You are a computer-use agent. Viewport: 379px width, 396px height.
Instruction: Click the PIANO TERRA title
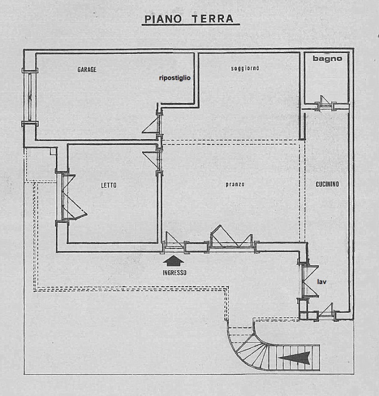coord(189,19)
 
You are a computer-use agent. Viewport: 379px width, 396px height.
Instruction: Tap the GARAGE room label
coord(87,69)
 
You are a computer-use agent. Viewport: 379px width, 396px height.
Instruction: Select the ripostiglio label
coord(175,78)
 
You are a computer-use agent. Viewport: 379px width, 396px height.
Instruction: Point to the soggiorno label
coord(245,68)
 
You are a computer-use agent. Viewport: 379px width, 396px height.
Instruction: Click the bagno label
coord(327,58)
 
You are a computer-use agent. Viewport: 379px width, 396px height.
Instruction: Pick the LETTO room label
coord(108,185)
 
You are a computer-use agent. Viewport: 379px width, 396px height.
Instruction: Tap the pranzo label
coord(235,184)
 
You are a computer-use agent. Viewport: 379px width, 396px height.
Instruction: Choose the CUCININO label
coord(327,184)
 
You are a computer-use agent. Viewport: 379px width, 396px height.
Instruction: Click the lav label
coord(322,282)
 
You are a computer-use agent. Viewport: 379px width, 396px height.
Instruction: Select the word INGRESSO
coord(174,273)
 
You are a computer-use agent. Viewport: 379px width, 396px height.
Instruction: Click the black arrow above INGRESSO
coord(173,261)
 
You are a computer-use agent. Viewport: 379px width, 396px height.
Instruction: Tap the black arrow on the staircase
coord(294,358)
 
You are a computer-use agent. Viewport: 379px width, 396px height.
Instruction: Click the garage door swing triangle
coord(151,126)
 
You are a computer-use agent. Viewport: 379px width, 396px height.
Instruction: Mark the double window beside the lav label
coord(309,281)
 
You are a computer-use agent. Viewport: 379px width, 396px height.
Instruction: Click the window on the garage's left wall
coord(30,97)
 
